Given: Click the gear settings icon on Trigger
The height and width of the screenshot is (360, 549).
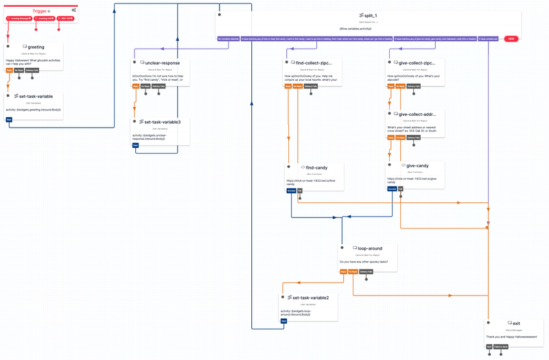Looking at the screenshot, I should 73,10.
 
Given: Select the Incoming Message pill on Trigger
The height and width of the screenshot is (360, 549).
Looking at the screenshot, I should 20,19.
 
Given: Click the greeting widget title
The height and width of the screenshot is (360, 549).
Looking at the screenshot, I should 35,47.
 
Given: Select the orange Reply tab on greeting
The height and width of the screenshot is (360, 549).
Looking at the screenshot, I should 10,70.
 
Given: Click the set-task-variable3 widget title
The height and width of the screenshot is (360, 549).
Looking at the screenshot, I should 162,122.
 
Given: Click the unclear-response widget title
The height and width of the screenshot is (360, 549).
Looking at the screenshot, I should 162,63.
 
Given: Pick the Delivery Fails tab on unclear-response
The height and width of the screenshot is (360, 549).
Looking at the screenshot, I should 159,86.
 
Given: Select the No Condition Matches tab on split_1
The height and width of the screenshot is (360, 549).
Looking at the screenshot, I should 229,39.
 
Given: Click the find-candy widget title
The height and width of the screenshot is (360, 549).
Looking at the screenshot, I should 316,167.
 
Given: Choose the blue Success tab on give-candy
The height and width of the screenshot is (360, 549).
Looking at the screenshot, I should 392,188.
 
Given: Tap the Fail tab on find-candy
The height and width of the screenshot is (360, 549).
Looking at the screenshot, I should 300,191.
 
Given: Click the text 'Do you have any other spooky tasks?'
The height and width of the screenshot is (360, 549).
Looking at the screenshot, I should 364,262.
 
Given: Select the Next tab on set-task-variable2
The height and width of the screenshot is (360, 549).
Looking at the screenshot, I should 283,321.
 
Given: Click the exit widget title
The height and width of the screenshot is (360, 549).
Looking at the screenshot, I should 516,323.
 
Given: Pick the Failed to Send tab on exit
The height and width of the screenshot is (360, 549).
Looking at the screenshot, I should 501,347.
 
